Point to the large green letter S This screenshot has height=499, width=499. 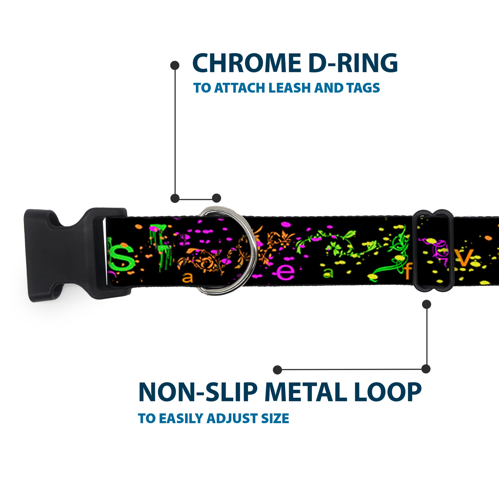123,256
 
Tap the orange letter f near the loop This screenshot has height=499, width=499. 408,273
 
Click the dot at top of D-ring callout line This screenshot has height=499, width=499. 175,65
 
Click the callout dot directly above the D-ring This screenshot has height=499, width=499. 216,198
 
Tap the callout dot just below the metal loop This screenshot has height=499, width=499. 426,304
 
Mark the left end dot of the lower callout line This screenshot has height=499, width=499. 277,370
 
